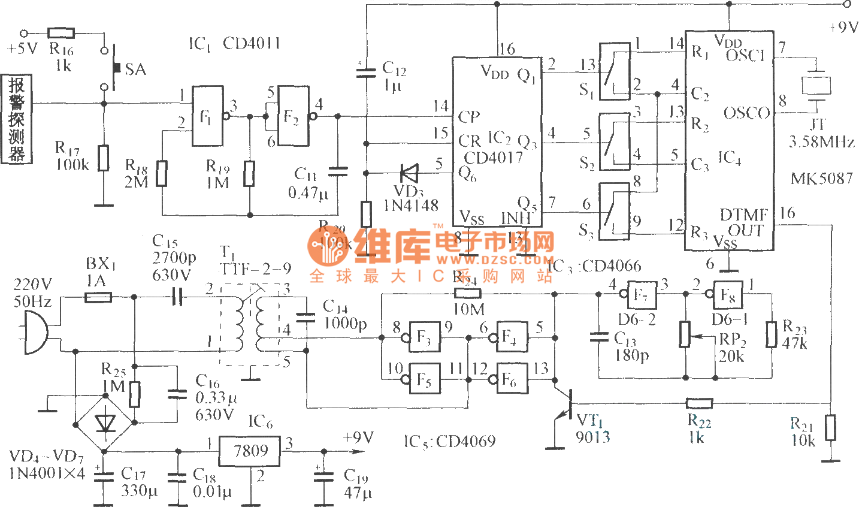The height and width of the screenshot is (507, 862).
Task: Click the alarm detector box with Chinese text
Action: point(17,119)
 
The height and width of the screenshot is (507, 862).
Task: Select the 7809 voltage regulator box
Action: point(250,451)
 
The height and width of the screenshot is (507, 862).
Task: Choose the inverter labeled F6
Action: point(511,379)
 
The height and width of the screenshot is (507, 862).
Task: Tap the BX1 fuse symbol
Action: point(98,297)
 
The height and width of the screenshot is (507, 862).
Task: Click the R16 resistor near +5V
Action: point(61,33)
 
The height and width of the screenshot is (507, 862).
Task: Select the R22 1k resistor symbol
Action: point(699,403)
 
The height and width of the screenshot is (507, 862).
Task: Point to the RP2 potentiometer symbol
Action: point(685,334)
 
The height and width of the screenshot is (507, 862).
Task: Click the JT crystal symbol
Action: point(816,85)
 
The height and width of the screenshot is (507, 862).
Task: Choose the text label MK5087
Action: point(821,179)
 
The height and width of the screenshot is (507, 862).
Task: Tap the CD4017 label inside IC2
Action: point(494,158)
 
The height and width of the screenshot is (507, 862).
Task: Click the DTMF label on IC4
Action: point(743,215)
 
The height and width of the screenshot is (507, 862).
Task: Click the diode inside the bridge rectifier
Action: point(105,422)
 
